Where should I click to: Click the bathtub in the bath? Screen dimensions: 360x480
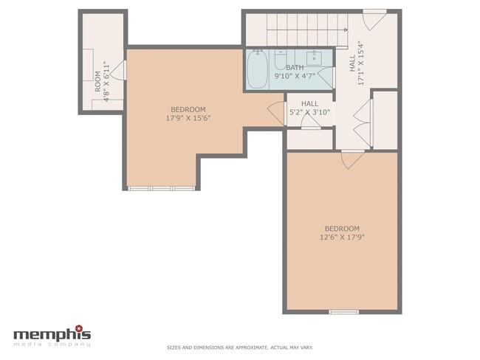257,69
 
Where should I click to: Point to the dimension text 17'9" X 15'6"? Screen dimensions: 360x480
188,117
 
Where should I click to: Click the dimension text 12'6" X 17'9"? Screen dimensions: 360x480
342,238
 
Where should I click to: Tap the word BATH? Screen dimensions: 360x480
295,67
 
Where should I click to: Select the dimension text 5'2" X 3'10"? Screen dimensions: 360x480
309,113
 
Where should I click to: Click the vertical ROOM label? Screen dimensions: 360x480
97,79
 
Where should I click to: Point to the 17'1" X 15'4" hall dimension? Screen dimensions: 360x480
361,63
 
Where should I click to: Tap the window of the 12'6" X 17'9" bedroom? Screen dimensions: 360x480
343,312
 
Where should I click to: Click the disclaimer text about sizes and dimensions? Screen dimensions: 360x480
239,347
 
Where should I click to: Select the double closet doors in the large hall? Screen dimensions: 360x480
362,117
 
